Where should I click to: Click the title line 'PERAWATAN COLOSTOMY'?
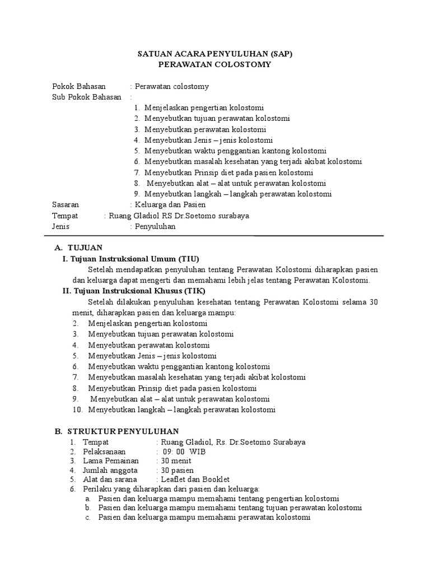coord(215,65)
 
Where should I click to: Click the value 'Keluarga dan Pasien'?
coord(166,205)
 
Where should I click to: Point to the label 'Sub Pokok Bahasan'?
coord(86,97)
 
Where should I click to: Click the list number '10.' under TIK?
coord(78,410)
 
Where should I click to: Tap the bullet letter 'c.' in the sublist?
coord(88,518)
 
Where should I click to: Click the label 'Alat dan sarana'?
coord(110,480)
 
